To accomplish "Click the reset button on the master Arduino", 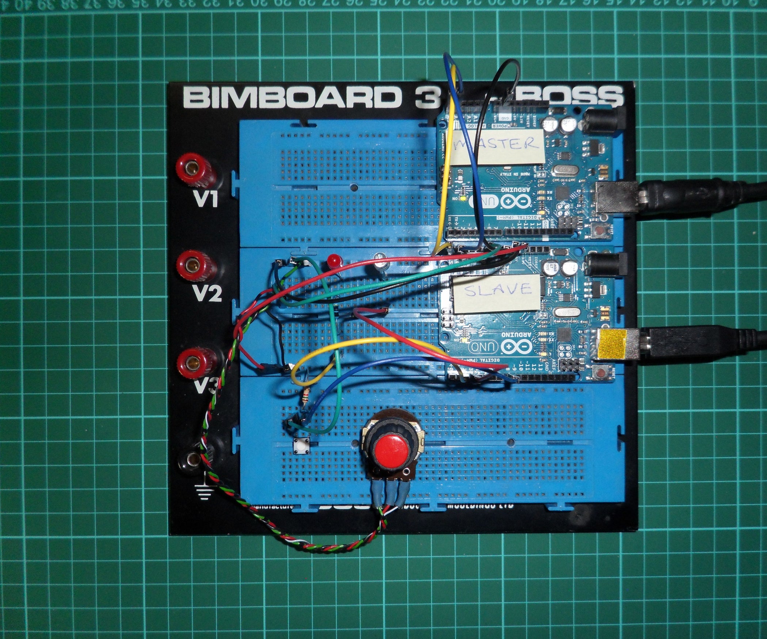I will (x=599, y=230).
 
